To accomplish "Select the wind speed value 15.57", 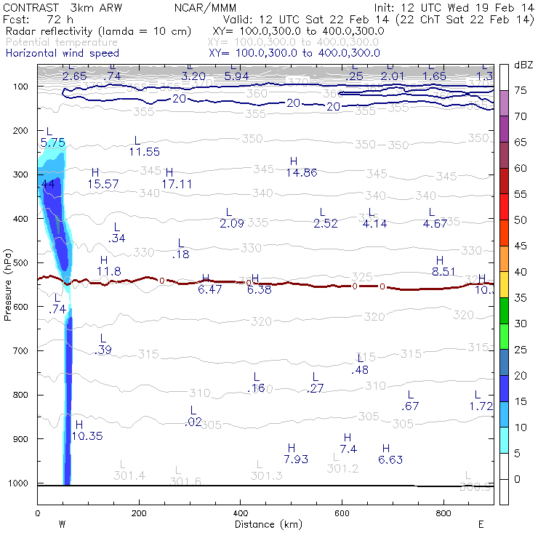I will coord(103,184).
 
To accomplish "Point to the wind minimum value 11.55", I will coord(144,151).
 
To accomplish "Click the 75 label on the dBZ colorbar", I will coord(521,90).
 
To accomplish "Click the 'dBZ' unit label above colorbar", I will coord(523,65).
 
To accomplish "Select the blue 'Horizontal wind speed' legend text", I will coord(62,53).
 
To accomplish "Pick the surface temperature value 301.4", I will coord(129,475).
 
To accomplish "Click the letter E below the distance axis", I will coord(481,523).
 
